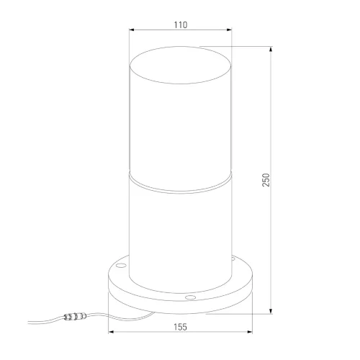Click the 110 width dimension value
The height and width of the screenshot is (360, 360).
[181, 24]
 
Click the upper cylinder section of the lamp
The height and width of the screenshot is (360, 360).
[181, 115]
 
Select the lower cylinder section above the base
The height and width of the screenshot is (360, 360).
[181, 223]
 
